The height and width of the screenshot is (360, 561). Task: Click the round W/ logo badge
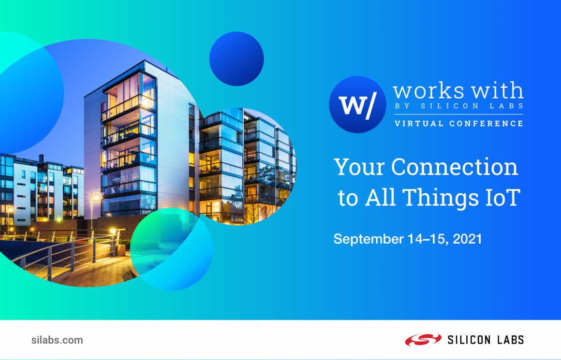357,105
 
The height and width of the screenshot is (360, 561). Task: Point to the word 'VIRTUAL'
419,123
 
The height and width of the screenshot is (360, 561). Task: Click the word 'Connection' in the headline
454,167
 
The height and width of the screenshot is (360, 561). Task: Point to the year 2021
467,239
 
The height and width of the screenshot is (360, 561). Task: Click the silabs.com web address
57,340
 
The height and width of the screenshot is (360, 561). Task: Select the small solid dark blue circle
236,59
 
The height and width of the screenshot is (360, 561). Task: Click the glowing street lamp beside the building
95,198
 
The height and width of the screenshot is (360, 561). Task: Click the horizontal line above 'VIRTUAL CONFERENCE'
458,115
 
